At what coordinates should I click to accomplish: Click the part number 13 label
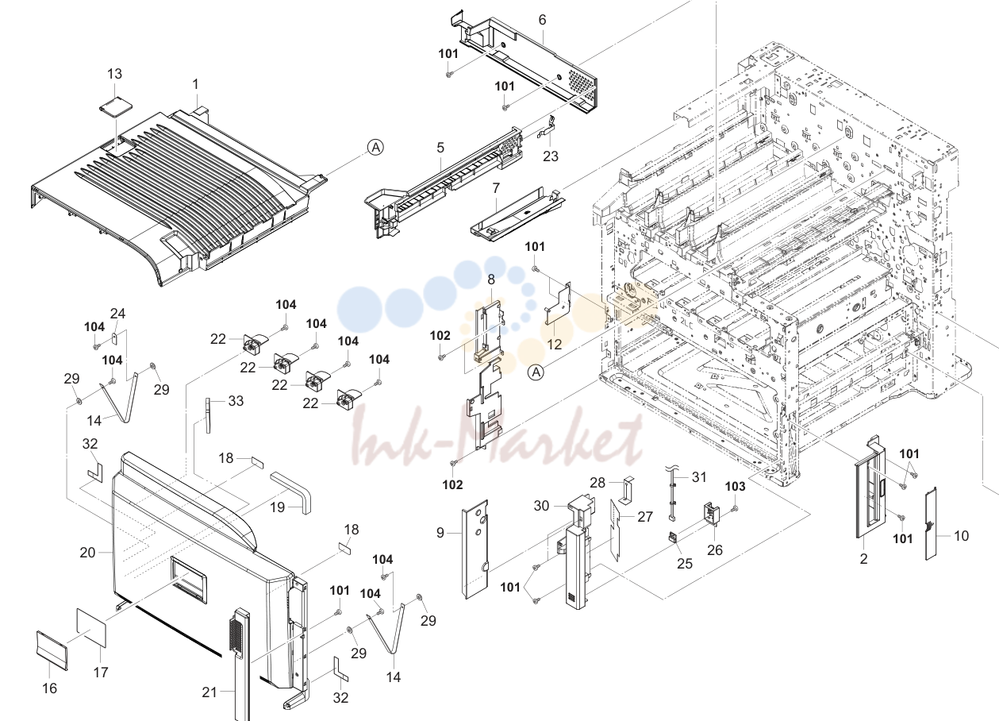point(114,74)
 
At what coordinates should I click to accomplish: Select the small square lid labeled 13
point(116,108)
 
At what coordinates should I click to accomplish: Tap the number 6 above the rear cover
point(542,20)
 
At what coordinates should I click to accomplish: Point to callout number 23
point(551,156)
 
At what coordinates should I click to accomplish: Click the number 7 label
point(496,188)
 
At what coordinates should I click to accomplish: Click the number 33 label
point(236,401)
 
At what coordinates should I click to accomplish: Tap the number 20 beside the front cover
point(87,553)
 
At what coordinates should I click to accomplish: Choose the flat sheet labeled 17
point(91,627)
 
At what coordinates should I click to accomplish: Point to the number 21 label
point(209,692)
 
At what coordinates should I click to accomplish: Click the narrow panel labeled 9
point(475,549)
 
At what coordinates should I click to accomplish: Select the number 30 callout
point(541,506)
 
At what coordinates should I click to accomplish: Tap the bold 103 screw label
point(735,487)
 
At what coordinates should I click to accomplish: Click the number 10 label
point(961,535)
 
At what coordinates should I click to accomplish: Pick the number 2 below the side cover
point(863,558)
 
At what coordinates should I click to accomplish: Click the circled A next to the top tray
point(375,147)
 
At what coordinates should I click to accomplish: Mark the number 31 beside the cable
point(699,477)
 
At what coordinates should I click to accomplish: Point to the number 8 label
point(491,280)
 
